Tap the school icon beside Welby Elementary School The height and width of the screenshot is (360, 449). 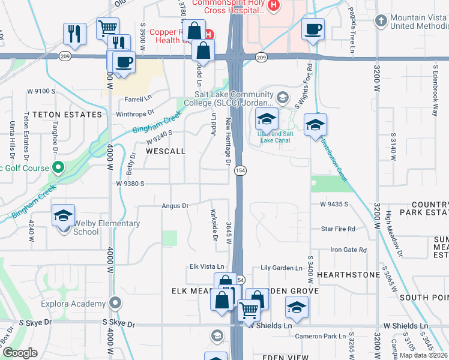click(x=63, y=217)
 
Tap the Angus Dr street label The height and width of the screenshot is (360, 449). click(x=175, y=206)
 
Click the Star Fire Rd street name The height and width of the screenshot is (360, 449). click(x=338, y=229)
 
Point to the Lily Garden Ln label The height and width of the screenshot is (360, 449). click(x=282, y=268)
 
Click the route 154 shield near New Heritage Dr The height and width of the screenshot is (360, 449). click(x=238, y=170)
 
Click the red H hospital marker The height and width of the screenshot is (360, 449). click(x=274, y=5)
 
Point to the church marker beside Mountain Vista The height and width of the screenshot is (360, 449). click(x=379, y=21)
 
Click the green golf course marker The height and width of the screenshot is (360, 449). click(x=58, y=167)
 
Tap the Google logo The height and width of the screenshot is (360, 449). click(x=20, y=353)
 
